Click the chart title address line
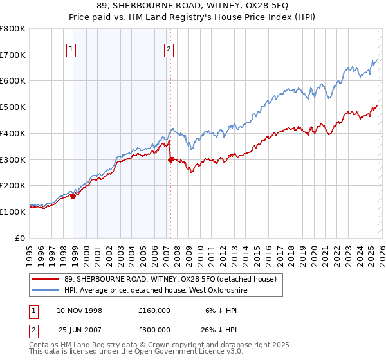pyautogui.click(x=193, y=6)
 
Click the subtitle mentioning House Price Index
pyautogui.click(x=193, y=17)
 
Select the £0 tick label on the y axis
pyautogui.click(x=21, y=237)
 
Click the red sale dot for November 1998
pyautogui.click(x=73, y=196)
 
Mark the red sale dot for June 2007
pyautogui.click(x=171, y=159)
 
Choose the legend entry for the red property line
pyautogui.click(x=170, y=279)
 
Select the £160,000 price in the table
pyautogui.click(x=154, y=310)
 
